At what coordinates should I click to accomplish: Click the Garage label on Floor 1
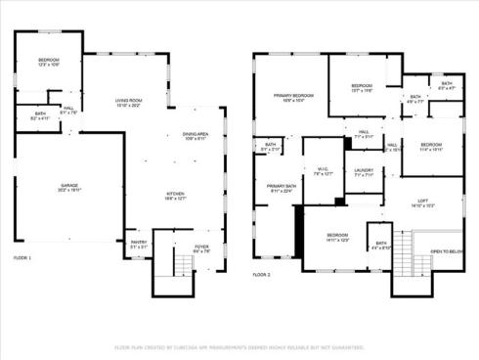68,188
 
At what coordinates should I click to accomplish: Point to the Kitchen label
175,196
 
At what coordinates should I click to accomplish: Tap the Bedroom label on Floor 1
49,63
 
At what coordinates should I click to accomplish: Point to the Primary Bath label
281,188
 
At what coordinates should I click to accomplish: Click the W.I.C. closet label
324,171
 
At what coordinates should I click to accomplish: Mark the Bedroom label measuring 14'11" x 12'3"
337,238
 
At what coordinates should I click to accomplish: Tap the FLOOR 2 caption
261,275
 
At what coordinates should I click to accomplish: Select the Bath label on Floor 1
40,116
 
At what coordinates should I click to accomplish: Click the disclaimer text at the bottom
239,346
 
